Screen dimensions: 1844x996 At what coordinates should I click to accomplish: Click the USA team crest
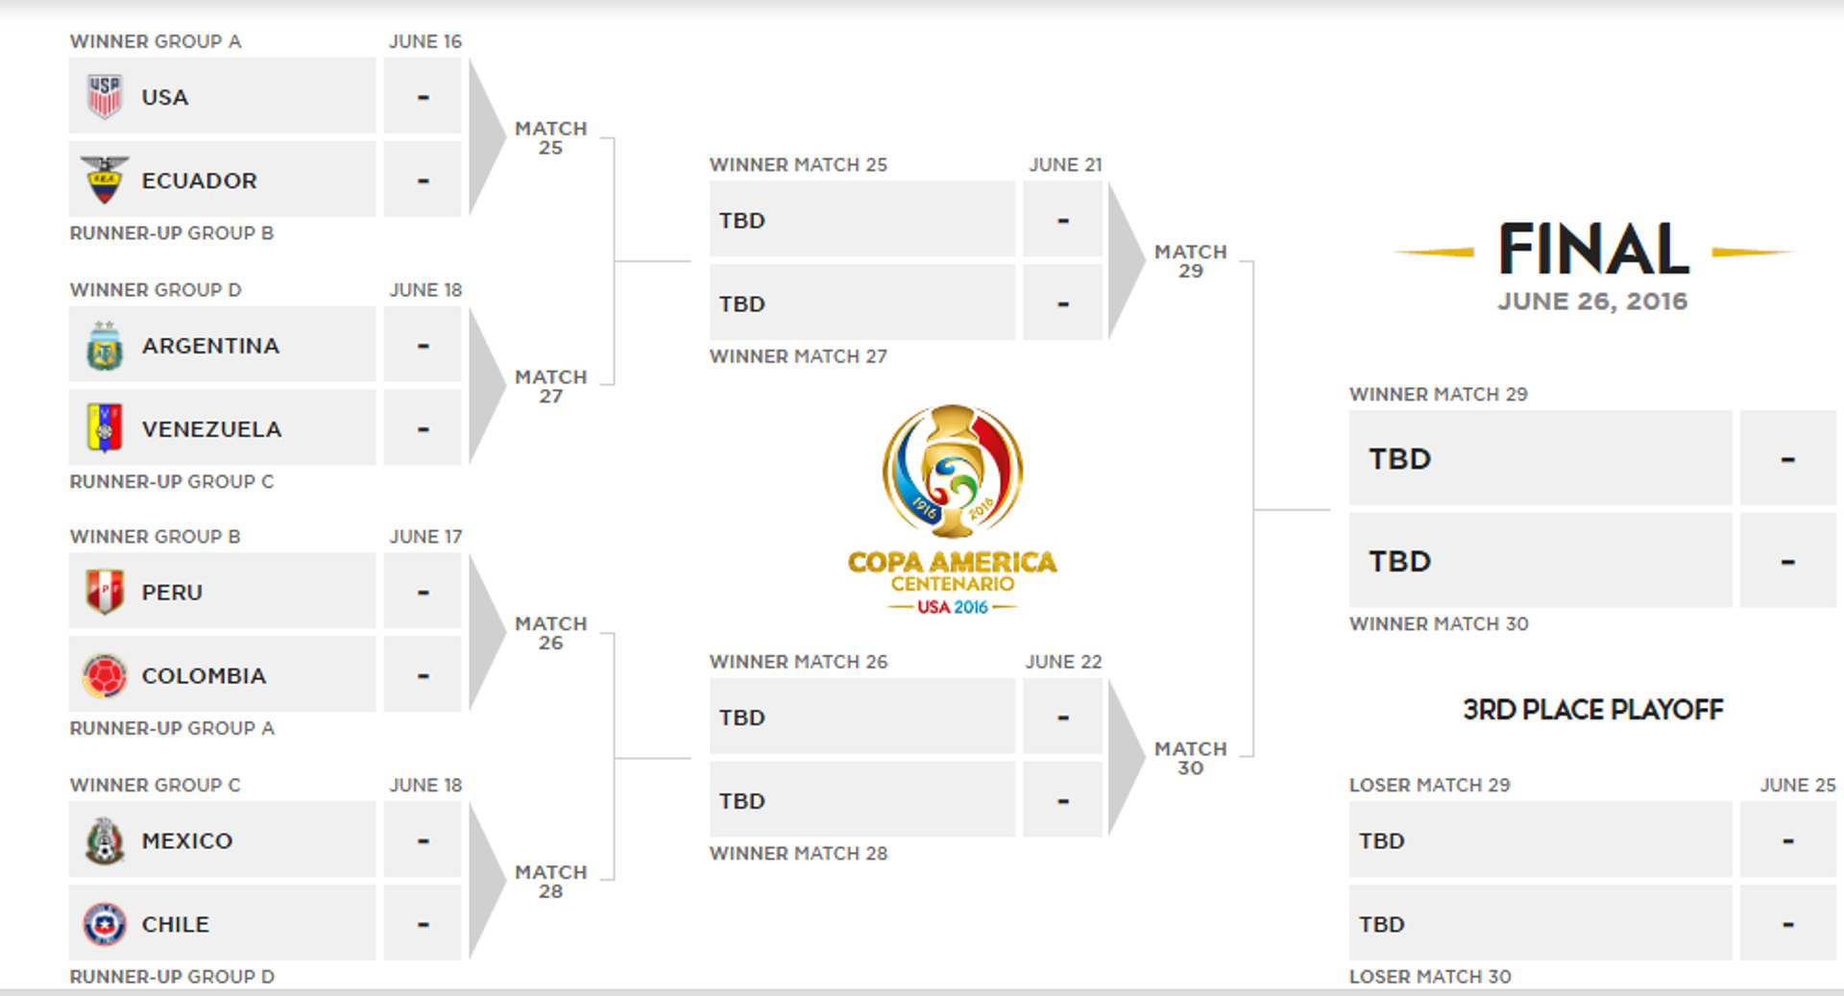coord(105,97)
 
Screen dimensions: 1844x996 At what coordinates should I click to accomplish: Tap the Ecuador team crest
coord(105,180)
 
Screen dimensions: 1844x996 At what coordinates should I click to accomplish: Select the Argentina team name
coord(210,346)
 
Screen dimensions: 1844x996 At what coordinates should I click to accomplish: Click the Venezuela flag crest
coord(105,428)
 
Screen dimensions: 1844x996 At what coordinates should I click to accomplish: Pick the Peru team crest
coord(105,592)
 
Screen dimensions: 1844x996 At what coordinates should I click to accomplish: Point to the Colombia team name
coord(204,676)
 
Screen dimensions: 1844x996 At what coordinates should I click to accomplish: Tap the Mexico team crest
coord(105,841)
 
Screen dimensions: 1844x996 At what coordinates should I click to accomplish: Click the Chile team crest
coord(105,924)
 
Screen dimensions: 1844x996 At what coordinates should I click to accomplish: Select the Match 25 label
coord(550,137)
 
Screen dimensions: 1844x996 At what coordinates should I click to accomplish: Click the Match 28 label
coord(550,882)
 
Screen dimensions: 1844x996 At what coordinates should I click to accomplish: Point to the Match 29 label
coord(1190,261)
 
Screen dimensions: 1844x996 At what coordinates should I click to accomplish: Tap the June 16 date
coord(425,41)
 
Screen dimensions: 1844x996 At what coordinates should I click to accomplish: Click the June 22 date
coord(1063,662)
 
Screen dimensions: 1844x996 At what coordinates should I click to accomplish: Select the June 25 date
coord(1797,785)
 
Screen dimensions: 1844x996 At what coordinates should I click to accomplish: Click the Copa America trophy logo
coord(953,471)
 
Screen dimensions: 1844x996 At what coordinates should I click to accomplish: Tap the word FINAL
coord(1593,250)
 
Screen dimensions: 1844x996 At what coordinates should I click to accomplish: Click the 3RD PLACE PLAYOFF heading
coord(1592,710)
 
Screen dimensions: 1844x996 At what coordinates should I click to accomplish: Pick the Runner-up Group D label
coord(172,977)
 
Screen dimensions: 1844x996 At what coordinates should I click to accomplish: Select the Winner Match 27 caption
coord(798,356)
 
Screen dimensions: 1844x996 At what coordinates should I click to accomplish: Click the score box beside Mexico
coord(423,841)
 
